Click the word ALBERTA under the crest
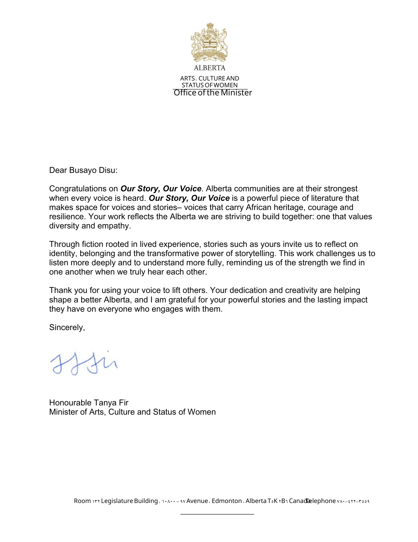[x=209, y=68]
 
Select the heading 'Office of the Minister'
[x=213, y=93]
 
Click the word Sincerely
[x=67, y=327]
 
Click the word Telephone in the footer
[x=321, y=501]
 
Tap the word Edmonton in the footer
[x=227, y=501]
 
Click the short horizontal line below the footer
[x=217, y=514]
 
